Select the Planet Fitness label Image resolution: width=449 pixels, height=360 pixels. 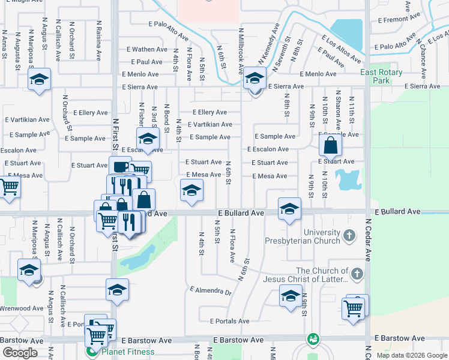(127, 352)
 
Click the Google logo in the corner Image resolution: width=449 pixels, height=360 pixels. (20, 353)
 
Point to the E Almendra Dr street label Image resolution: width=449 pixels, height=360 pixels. (210, 291)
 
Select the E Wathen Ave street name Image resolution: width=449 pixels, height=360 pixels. (147, 49)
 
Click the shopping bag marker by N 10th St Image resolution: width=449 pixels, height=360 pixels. (330, 145)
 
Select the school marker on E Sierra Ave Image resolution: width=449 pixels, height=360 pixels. (255, 79)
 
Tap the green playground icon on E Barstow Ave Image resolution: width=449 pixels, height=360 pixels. (312, 339)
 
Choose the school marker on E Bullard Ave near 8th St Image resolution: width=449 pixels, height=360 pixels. (289, 209)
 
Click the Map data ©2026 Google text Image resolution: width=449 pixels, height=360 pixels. (412, 355)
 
